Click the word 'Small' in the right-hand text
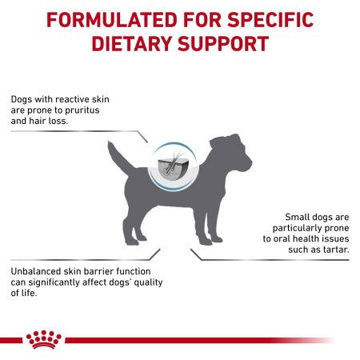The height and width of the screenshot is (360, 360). point(299,217)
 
